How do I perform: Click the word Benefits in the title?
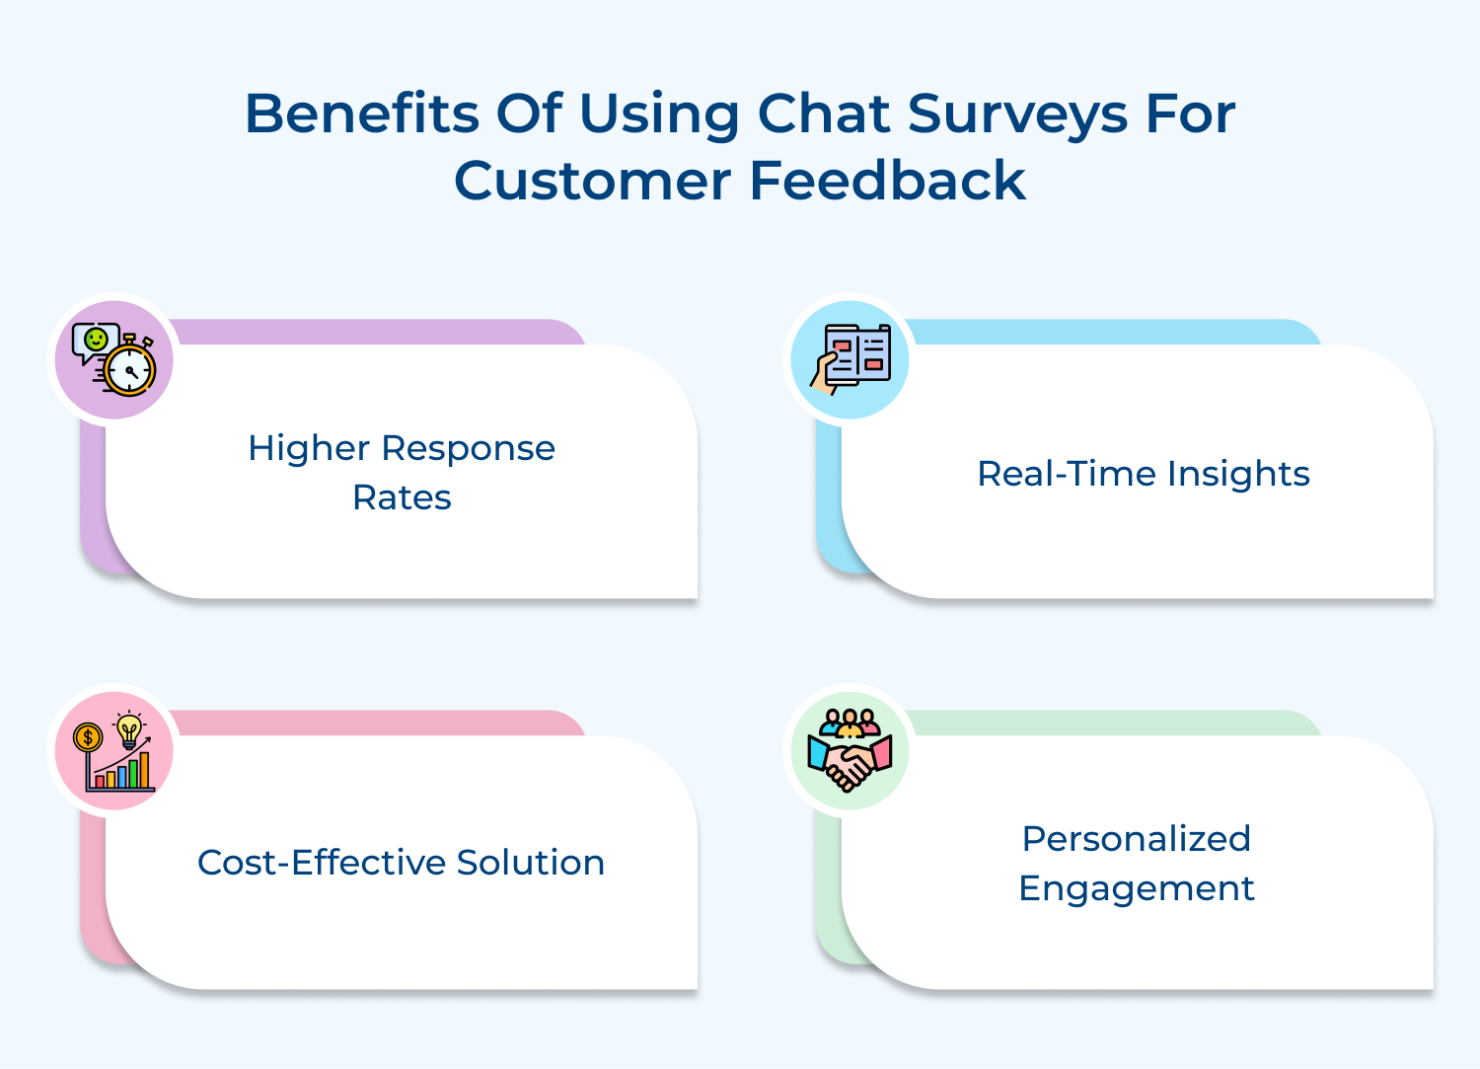coord(362,114)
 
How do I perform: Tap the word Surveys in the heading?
coord(1017,116)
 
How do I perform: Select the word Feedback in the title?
coord(888,180)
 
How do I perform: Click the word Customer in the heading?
coord(593,182)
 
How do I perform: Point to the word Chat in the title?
coord(824,114)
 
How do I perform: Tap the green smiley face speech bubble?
coord(95,342)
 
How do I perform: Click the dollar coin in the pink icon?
coord(88,737)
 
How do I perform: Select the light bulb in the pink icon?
coord(129,729)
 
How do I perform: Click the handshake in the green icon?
coord(850,764)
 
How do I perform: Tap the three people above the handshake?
coord(850,722)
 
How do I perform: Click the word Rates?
coord(402,497)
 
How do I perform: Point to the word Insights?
coord(1238,476)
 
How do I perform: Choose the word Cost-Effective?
coord(322,863)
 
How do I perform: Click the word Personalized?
coord(1137,839)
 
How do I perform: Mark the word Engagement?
coord(1137,889)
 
